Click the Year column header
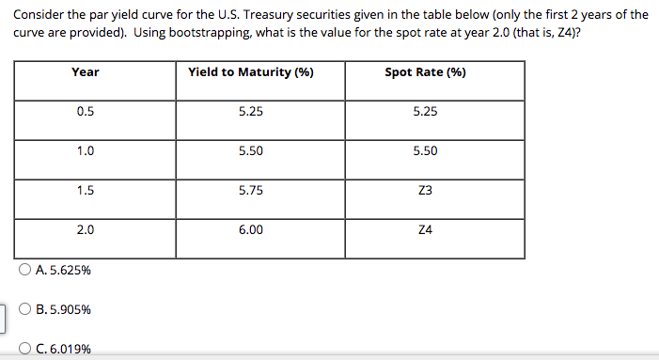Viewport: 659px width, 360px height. coord(85,72)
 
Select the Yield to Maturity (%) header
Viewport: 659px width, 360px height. coord(251,72)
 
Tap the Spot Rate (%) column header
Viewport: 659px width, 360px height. coord(425,72)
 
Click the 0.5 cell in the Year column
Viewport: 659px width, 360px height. coord(85,111)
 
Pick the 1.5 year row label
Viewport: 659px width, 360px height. coord(85,190)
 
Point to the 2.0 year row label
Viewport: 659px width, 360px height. coord(85,229)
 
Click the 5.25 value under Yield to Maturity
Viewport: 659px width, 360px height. coord(251,111)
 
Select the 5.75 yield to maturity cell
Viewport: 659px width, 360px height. coord(251,190)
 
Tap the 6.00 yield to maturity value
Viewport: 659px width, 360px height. coord(251,229)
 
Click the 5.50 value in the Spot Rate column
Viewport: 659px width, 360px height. coord(425,150)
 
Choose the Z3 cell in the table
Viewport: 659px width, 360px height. coord(425,190)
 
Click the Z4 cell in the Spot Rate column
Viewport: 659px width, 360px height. coord(425,229)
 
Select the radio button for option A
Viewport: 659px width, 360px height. coord(24,270)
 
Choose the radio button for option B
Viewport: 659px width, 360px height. coord(24,309)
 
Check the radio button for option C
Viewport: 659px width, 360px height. coord(24,349)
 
